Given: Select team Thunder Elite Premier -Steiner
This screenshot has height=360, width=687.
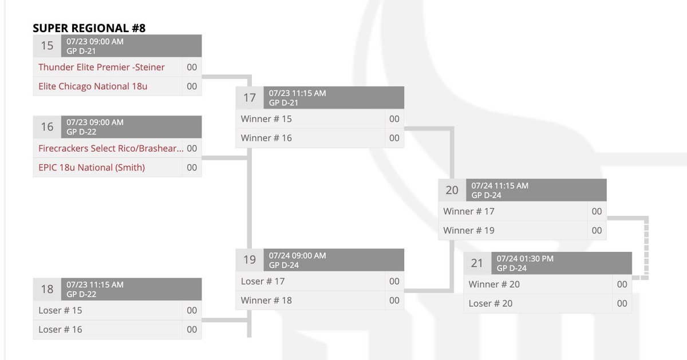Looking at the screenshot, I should [101, 67].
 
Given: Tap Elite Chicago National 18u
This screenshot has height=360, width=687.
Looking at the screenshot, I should [93, 86].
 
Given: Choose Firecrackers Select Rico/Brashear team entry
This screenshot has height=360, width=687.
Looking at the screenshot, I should [111, 148].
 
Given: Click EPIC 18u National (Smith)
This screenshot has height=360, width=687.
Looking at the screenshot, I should [92, 168].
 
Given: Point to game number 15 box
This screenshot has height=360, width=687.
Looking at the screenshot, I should [47, 45].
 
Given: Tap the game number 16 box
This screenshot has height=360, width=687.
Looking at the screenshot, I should [47, 126].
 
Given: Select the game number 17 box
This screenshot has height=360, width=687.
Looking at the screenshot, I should [250, 97].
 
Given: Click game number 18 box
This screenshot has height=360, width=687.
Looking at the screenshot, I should [47, 289].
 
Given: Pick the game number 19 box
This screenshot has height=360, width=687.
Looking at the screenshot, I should [250, 260].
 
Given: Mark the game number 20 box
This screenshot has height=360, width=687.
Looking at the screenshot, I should [452, 190].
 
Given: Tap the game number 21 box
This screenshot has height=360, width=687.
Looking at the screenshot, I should [477, 263].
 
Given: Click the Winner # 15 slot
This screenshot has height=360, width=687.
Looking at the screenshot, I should [266, 119].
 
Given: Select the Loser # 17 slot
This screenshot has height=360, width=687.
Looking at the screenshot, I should [263, 281].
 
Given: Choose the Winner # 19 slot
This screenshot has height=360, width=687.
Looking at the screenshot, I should [469, 230].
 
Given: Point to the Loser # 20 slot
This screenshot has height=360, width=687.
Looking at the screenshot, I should [491, 303].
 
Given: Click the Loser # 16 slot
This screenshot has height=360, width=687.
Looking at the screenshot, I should [60, 329].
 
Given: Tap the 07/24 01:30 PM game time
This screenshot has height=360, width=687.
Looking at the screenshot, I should [525, 259].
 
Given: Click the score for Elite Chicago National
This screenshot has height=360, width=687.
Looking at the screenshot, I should [192, 86].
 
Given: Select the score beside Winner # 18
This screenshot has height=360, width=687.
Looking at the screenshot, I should [394, 300].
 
